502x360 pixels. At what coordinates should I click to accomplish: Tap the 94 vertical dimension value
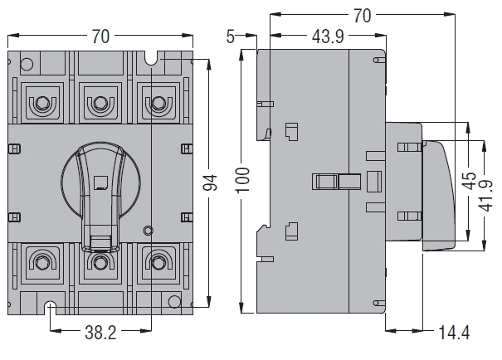209,182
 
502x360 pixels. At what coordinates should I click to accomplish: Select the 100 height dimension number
242,181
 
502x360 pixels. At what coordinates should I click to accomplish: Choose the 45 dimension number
470,182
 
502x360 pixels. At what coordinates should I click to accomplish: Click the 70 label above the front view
100,36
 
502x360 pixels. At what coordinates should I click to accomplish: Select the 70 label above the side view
362,16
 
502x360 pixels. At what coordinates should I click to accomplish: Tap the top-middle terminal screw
100,104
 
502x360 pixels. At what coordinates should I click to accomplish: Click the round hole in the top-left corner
26,63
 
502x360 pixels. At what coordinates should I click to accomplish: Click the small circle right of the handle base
147,230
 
